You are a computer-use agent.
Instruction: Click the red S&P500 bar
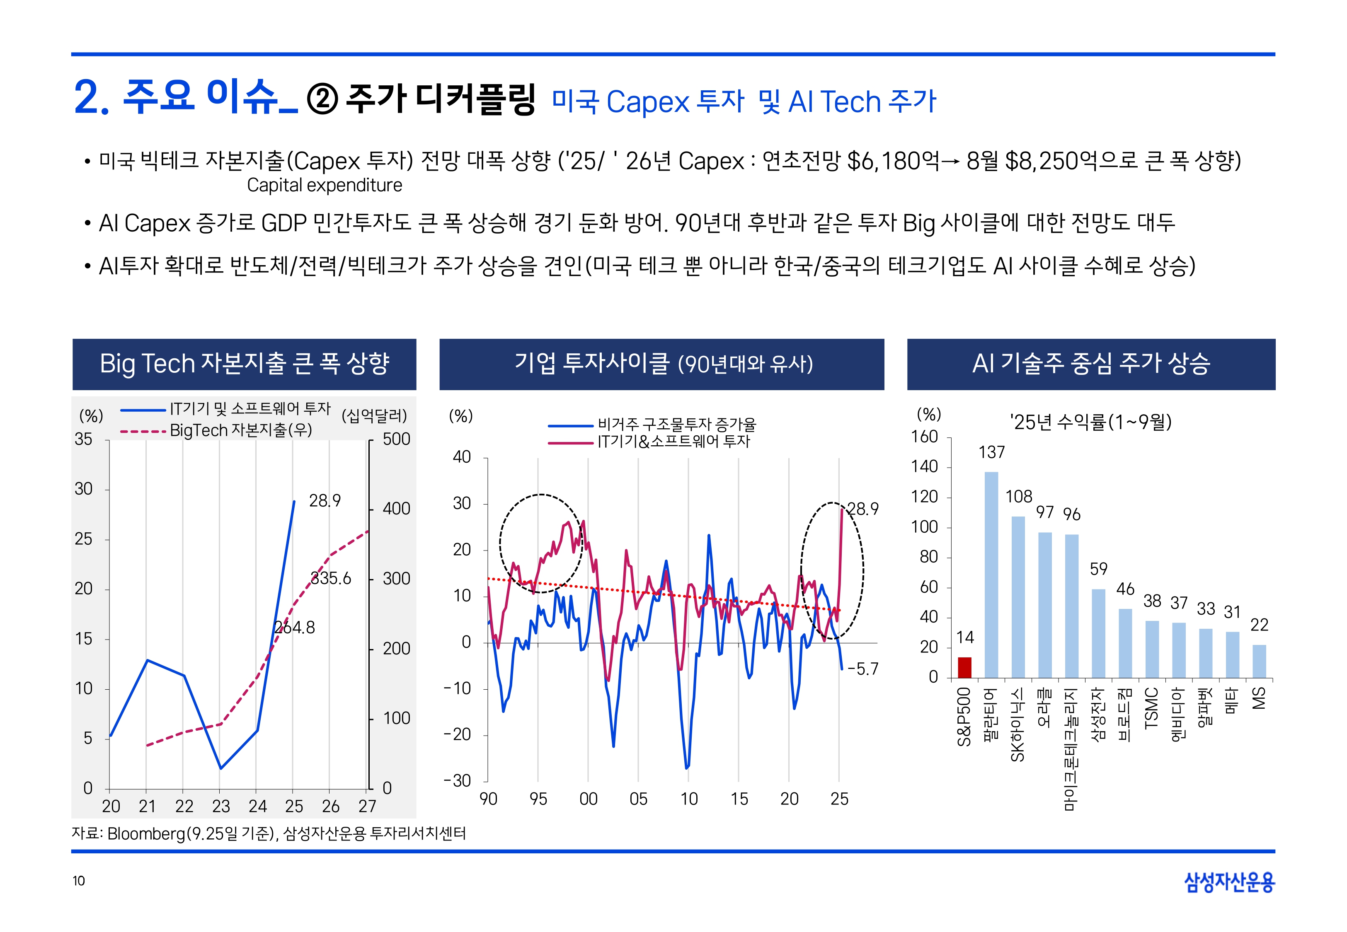click(964, 667)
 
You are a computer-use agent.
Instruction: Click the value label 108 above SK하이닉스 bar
click(1019, 496)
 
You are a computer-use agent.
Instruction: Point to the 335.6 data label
click(331, 578)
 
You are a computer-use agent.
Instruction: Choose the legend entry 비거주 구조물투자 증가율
click(676, 424)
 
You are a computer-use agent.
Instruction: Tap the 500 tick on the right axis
click(396, 439)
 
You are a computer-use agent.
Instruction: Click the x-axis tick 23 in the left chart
click(221, 806)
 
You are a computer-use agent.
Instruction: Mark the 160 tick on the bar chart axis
click(924, 437)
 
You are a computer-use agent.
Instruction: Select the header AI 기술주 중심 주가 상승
click(1090, 364)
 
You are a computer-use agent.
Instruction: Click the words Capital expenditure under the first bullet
click(324, 185)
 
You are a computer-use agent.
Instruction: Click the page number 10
click(79, 881)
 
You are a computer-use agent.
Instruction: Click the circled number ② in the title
click(322, 100)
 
